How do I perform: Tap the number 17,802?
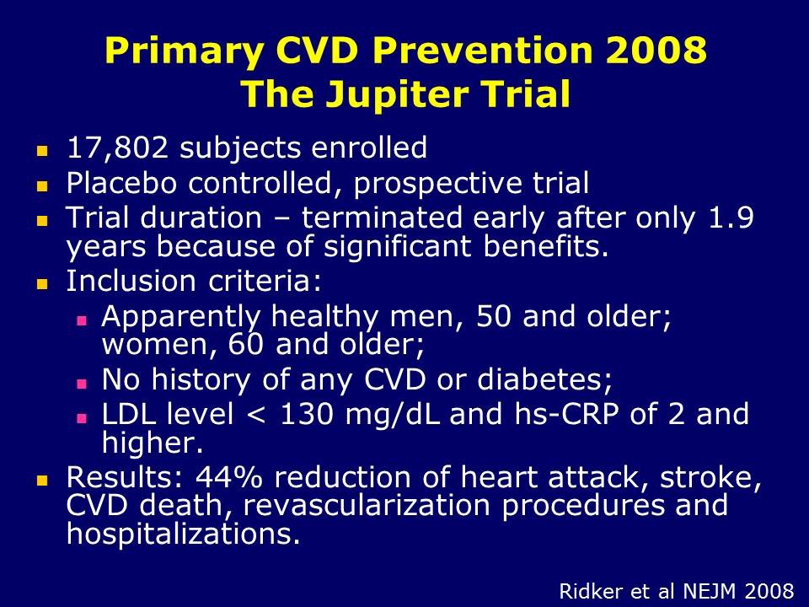point(118,148)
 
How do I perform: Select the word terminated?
point(382,218)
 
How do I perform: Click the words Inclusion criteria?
point(194,281)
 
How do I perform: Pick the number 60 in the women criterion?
point(245,344)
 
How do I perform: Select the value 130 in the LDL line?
point(306,414)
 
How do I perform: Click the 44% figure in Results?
point(228,476)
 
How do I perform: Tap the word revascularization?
point(367,505)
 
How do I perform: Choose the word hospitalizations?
point(183,534)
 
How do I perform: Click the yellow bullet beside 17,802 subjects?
point(42,151)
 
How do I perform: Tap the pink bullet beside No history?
point(82,384)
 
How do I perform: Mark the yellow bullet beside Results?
point(42,481)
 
